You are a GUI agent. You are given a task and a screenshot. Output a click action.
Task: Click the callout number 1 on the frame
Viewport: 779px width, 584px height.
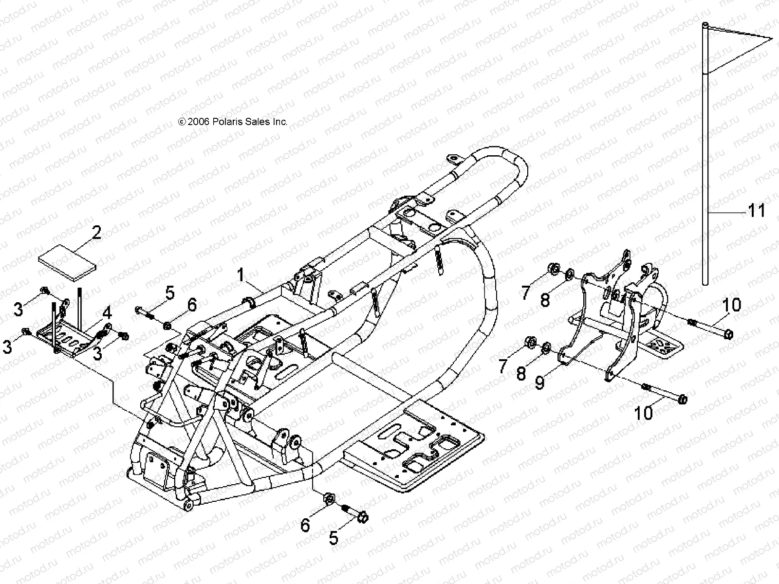coord(241,275)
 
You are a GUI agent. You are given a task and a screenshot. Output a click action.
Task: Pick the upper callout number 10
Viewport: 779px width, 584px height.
coord(731,305)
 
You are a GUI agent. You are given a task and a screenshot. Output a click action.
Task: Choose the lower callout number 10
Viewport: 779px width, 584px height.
coord(644,413)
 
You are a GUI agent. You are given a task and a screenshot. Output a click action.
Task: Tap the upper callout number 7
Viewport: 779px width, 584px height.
coord(525,292)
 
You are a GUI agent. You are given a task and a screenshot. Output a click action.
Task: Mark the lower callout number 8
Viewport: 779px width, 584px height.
coord(521,373)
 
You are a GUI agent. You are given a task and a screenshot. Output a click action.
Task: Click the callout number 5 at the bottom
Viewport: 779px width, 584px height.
coord(334,538)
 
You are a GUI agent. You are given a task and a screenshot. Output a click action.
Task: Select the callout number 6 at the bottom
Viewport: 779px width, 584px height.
coord(305,525)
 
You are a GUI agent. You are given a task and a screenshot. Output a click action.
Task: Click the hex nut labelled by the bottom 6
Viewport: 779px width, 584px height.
coord(328,498)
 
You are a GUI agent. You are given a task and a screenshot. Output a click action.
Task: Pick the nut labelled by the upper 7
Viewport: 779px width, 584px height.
coord(553,268)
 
